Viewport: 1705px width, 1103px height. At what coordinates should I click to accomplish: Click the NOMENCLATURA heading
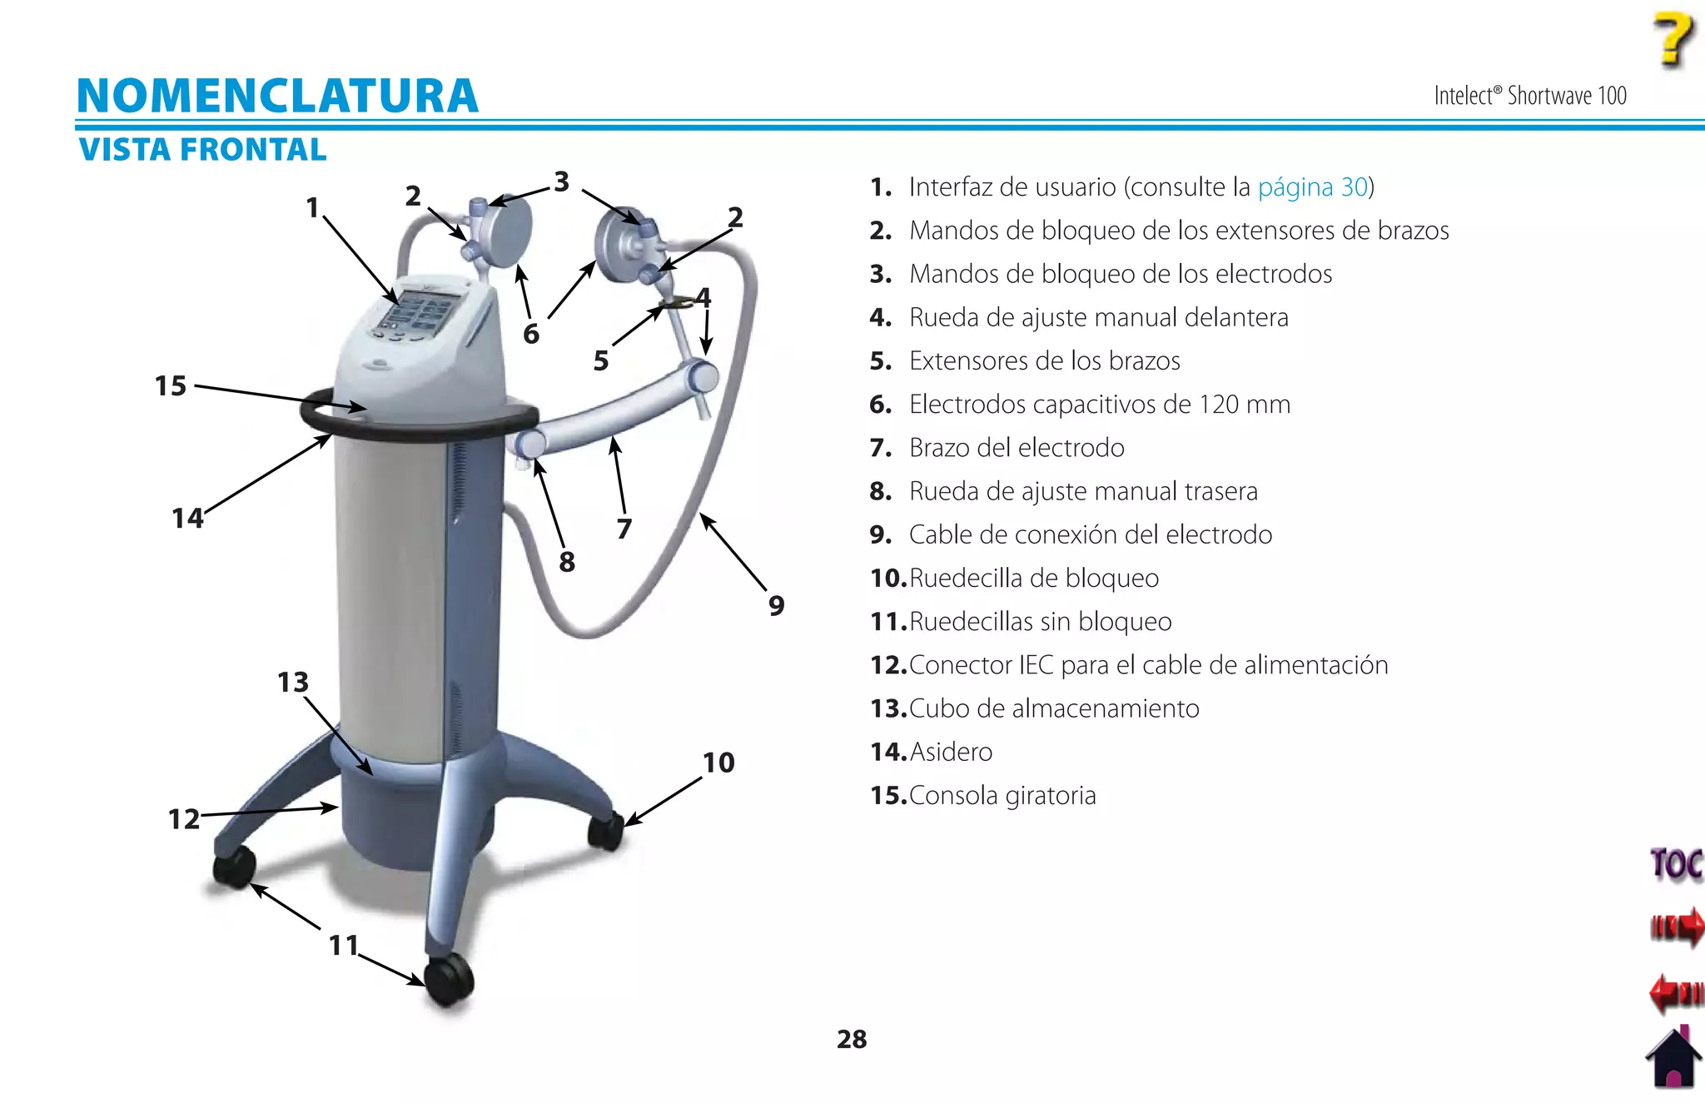point(277,96)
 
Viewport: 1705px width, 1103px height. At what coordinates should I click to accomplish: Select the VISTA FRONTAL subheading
point(202,150)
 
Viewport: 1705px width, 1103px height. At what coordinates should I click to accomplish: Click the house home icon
point(1673,1059)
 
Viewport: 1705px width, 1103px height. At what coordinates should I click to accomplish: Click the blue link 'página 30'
point(1312,187)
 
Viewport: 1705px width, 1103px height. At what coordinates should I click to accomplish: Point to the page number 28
point(852,1039)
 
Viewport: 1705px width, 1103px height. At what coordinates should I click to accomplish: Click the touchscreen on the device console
point(416,311)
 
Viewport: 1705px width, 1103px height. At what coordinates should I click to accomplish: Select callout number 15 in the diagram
point(171,386)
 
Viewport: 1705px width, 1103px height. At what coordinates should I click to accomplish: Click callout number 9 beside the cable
point(776,605)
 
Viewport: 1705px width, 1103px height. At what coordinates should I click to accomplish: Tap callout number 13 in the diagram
point(293,683)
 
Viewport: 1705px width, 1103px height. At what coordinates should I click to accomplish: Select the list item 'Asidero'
point(951,753)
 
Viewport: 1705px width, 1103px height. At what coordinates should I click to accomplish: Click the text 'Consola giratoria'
point(1002,796)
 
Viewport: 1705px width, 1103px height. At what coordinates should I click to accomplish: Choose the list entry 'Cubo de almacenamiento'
point(1054,709)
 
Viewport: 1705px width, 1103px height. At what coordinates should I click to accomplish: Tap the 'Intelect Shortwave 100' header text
point(1529,97)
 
